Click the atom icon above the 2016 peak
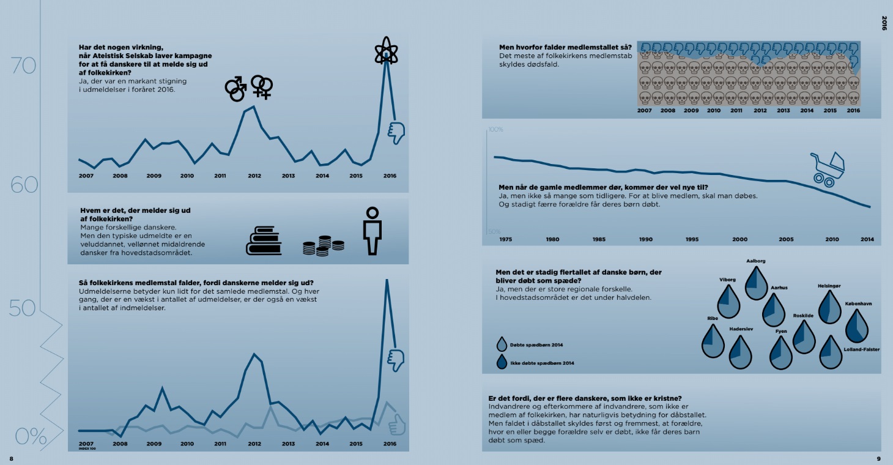coord(386,50)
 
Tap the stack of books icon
coord(264,240)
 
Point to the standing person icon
coord(371,231)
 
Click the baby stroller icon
coord(828,169)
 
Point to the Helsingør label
coord(829,286)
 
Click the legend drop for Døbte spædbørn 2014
coord(503,344)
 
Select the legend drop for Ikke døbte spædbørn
coord(503,362)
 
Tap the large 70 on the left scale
coord(24,65)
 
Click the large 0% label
coord(31,436)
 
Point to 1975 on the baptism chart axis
coord(505,239)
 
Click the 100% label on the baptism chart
coord(495,130)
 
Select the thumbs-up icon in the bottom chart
coord(396,424)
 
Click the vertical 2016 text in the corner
coord(884,23)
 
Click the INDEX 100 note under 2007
coord(87,448)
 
